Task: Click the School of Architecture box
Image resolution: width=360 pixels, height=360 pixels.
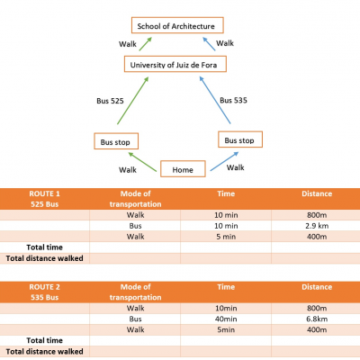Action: [177, 25]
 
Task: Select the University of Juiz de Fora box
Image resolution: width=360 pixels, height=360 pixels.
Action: [175, 64]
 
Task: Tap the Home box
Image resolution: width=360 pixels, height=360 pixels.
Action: [183, 169]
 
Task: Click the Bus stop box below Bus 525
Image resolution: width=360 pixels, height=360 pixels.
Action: [116, 141]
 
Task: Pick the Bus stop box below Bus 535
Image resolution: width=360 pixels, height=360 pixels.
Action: [240, 139]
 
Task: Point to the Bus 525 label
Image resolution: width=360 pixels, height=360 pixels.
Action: [110, 101]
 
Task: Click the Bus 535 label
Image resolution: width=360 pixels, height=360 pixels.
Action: [233, 100]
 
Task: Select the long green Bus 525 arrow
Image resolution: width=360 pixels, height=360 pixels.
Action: [133, 101]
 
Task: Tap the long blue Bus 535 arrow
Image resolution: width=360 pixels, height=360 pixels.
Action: [215, 100]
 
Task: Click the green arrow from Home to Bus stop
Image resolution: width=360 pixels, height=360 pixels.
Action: [142, 162]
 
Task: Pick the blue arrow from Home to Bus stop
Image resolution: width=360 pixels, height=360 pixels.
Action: [224, 161]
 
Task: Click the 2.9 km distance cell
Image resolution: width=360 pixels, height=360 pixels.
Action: [317, 226]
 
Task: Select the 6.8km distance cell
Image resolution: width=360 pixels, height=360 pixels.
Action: [317, 319]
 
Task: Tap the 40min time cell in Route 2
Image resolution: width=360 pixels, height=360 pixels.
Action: [226, 319]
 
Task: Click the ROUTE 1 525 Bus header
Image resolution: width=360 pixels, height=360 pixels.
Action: [45, 199]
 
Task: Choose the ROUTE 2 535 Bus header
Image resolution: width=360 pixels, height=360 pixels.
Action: [45, 292]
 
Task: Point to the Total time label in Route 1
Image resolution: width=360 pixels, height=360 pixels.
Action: [45, 247]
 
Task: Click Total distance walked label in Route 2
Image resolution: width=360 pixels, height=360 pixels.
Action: [45, 351]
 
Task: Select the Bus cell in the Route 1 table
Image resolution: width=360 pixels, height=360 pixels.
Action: [135, 226]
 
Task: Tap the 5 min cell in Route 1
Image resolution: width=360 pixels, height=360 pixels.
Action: [226, 237]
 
